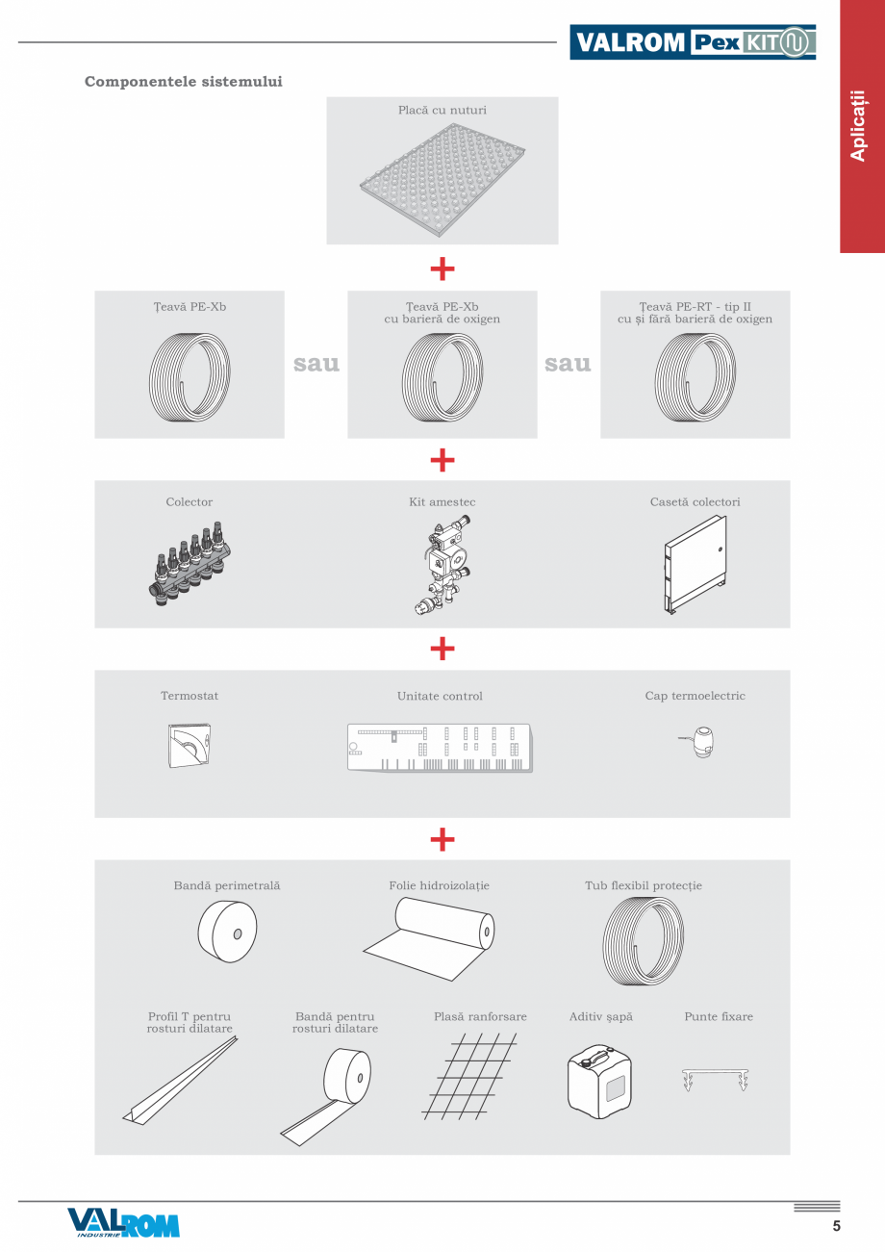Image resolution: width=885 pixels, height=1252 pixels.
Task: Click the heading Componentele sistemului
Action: pos(184,82)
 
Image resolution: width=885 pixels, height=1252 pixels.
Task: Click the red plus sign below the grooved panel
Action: pos(442,268)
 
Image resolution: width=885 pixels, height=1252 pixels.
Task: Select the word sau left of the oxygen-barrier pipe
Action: pos(316,364)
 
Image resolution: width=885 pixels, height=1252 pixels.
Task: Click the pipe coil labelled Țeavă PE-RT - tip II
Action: pos(695,372)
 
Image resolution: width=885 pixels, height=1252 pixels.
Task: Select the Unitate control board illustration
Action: pos(440,747)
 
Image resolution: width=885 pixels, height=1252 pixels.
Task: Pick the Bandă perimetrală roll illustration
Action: pos(227,933)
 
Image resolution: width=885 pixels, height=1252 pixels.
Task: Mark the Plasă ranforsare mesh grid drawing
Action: pos(469,1076)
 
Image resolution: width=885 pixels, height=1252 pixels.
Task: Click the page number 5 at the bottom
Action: pos(836,1226)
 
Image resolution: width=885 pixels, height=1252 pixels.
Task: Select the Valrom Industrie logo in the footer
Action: pos(123,1222)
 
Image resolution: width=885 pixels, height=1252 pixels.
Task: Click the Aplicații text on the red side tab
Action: pos(859,126)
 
